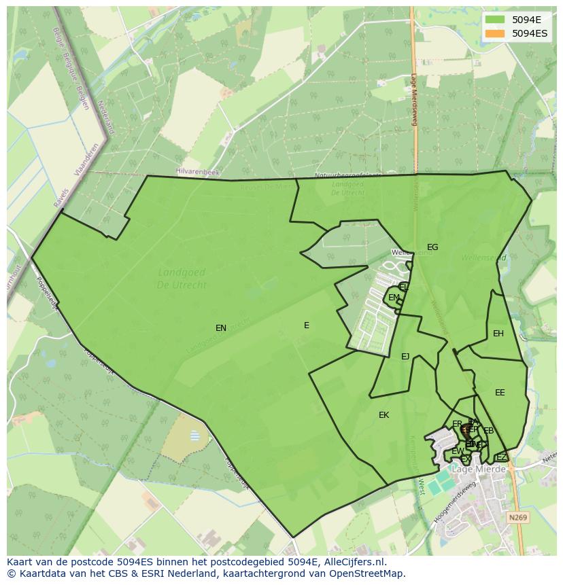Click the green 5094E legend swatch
tap(495, 20)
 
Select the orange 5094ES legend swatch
tap(495, 33)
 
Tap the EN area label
tap(221, 328)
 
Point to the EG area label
tap(432, 247)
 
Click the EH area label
tap(498, 334)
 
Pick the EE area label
tap(500, 393)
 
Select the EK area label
tap(383, 415)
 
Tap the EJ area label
tap(405, 357)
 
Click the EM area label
tap(394, 298)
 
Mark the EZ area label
tap(501, 457)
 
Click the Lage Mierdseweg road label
tap(413, 100)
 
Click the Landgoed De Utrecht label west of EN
tap(182, 279)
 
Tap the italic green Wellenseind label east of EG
tap(483, 258)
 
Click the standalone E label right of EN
tap(307, 325)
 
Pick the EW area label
tap(458, 451)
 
